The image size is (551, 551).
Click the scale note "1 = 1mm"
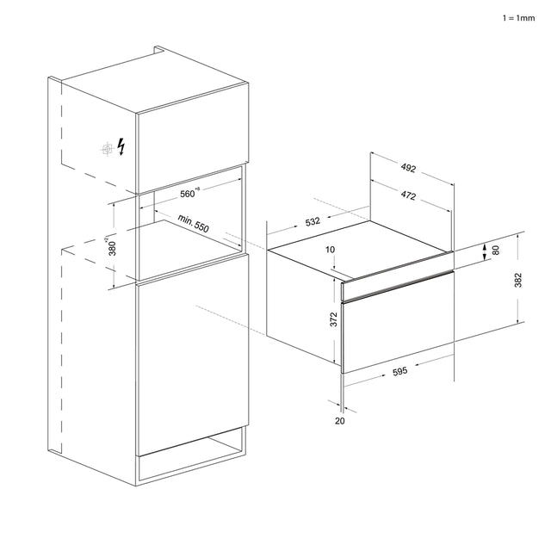coord(518,18)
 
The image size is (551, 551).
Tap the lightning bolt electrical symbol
coord(121,146)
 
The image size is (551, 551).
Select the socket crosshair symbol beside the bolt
coord(107,150)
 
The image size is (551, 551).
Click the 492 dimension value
coord(408,168)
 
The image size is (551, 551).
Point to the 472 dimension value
coord(408,195)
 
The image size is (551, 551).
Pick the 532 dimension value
coord(313,222)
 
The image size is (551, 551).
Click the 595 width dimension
coord(399,371)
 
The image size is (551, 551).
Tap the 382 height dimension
coord(518,280)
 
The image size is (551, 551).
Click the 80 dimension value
coord(496,251)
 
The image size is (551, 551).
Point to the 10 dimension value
coord(331,250)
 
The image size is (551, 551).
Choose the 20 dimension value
coord(340,421)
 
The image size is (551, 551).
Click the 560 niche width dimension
coord(189,193)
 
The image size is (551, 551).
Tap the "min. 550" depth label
coord(193,224)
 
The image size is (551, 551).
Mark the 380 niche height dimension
coord(111,246)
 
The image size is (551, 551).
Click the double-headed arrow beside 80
coord(485,251)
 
